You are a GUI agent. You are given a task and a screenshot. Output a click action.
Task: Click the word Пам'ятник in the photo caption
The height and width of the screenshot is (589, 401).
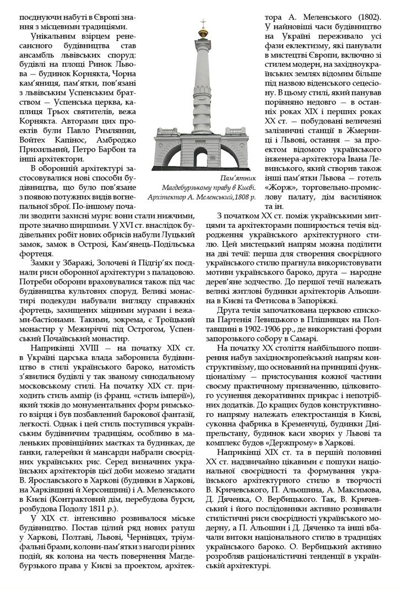pos(237,178)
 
